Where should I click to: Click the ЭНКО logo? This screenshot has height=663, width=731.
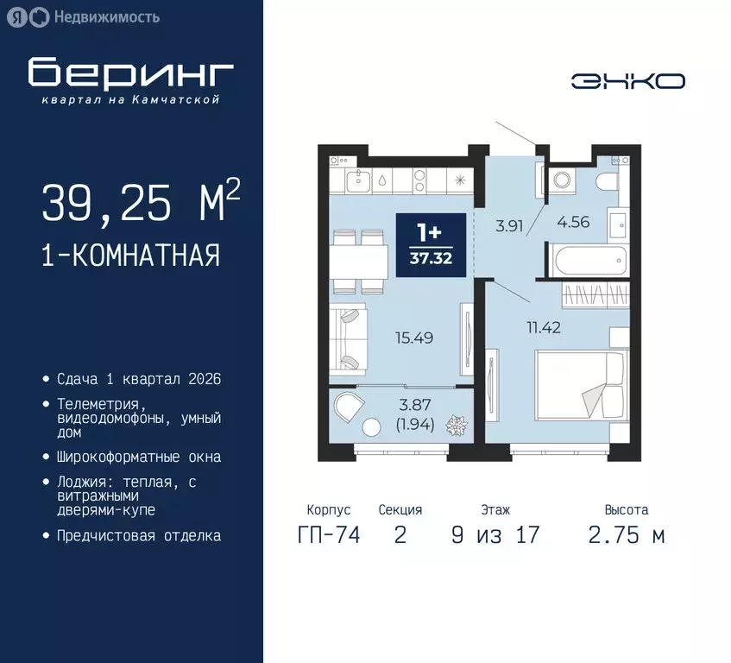click(627, 81)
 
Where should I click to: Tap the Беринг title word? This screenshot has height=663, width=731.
click(130, 74)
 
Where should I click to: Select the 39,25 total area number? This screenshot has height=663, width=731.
click(103, 204)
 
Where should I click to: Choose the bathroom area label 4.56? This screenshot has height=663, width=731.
click(573, 221)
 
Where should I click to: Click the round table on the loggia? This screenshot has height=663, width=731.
click(372, 426)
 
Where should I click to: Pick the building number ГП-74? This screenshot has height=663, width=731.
click(328, 535)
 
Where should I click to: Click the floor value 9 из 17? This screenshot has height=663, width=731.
click(495, 535)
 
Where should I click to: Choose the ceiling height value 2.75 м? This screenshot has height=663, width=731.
click(627, 535)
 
